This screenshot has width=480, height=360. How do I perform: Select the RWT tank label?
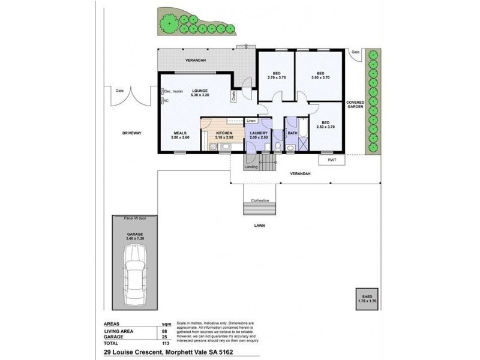tap(332, 160)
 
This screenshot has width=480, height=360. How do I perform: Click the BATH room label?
tap(292, 133)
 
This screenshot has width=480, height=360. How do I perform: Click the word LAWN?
tap(259, 226)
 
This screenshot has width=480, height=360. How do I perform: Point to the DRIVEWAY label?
tap(131, 133)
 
